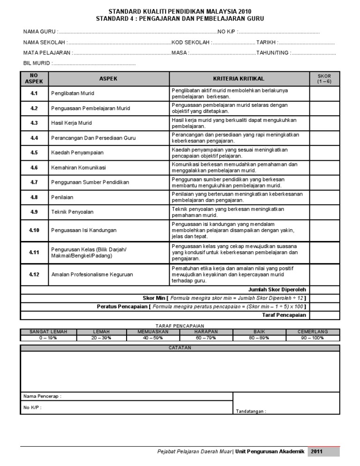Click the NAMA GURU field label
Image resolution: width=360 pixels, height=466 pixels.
click(x=40, y=31)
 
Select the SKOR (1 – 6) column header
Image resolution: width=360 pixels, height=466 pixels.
click(x=324, y=78)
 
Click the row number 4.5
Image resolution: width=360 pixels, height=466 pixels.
click(x=34, y=152)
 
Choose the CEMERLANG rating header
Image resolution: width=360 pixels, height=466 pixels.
click(x=313, y=331)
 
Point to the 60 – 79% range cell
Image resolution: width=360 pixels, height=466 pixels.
click(x=207, y=338)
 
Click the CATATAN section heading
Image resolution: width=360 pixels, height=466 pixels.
click(x=180, y=348)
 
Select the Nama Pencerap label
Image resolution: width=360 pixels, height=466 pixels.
click(x=42, y=396)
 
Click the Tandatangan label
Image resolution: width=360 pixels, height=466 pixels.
click(x=251, y=411)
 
